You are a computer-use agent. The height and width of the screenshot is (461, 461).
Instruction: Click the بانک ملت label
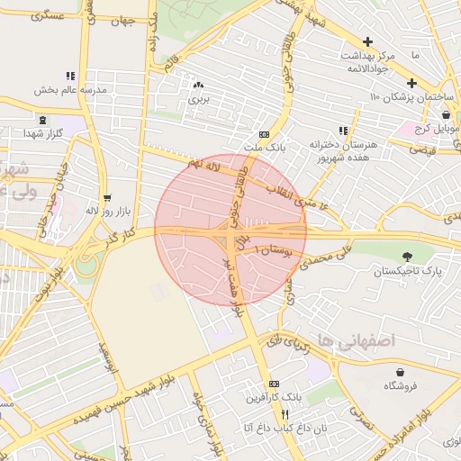tap(263, 146)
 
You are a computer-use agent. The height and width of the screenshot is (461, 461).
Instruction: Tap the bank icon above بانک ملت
tap(263, 133)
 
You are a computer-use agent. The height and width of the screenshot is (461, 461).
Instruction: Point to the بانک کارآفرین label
tap(275, 396)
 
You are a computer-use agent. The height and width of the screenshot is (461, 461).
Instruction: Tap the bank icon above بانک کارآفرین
tap(275, 384)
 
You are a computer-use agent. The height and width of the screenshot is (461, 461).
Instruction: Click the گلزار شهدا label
tap(42, 133)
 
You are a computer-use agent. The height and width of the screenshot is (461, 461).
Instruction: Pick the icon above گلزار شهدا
tap(42, 120)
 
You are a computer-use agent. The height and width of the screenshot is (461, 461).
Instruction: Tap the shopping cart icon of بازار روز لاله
tap(108, 197)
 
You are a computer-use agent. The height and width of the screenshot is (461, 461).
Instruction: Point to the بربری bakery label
tap(197, 100)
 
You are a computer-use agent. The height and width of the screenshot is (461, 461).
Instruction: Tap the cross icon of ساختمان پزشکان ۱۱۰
tap(411, 84)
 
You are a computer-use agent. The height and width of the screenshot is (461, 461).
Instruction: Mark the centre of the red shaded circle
tap(230, 229)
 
